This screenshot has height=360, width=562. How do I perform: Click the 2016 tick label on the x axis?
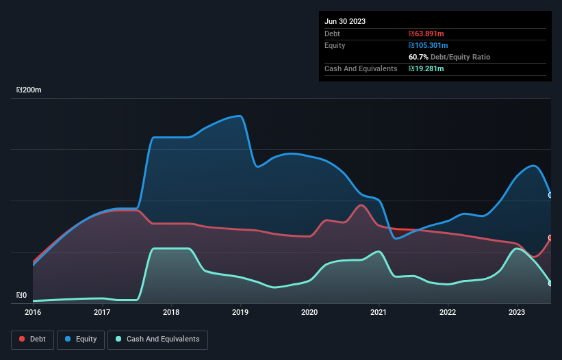pyautogui.click(x=33, y=312)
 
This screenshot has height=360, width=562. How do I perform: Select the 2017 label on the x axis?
pyautogui.click(x=102, y=312)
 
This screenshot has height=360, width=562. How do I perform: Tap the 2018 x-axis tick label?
pyautogui.click(x=171, y=312)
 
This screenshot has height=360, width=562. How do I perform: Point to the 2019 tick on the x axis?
pyautogui.click(x=240, y=312)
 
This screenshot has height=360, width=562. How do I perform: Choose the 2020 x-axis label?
pyautogui.click(x=309, y=312)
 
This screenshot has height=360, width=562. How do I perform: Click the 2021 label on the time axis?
pyautogui.click(x=379, y=312)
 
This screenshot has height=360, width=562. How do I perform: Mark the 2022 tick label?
pyautogui.click(x=448, y=312)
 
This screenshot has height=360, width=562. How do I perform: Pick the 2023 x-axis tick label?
pyautogui.click(x=517, y=312)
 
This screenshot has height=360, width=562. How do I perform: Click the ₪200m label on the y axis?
pyautogui.click(x=29, y=90)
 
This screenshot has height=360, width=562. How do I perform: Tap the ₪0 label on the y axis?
pyautogui.click(x=22, y=296)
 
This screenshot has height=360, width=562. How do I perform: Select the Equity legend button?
pyautogui.click(x=81, y=339)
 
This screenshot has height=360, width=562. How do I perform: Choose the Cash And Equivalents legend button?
pyautogui.click(x=157, y=339)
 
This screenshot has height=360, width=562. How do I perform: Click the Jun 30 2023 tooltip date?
pyautogui.click(x=345, y=21)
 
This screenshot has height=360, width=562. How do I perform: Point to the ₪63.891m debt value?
pyautogui.click(x=426, y=34)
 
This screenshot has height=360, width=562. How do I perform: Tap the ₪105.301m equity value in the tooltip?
pyautogui.click(x=428, y=45)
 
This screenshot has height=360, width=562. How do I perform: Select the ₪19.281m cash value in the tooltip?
pyautogui.click(x=426, y=68)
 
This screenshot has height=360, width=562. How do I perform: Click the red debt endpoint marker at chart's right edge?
pyautogui.click(x=550, y=237)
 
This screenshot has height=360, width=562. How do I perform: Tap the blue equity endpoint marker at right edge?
pyautogui.click(x=550, y=195)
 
